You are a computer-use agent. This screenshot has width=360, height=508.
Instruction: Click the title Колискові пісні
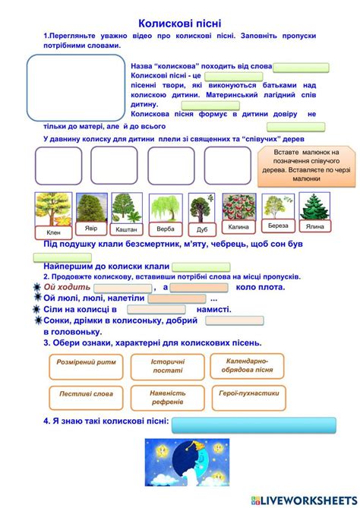click(x=180, y=24)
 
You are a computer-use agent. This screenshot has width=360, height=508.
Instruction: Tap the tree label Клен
click(x=52, y=232)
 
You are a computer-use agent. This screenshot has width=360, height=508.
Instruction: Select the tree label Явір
click(x=90, y=228)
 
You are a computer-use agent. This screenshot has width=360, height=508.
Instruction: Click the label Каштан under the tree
click(x=126, y=229)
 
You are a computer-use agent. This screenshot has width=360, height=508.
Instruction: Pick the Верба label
click(x=164, y=229)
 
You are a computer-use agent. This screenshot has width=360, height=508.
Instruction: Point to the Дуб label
click(x=201, y=229)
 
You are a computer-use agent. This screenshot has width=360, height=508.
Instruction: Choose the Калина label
click(x=238, y=227)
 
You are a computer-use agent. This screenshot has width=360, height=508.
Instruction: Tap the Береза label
click(x=278, y=226)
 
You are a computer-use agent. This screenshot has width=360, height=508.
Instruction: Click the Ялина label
click(x=314, y=226)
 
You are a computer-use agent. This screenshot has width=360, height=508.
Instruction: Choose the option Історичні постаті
click(x=167, y=367)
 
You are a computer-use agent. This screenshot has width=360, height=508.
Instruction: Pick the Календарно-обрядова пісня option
click(x=247, y=366)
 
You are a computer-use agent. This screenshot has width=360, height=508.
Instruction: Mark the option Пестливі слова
click(x=86, y=394)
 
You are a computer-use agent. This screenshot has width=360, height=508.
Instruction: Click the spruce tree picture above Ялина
click(x=313, y=206)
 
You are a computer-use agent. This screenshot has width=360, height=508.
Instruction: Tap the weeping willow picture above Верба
click(x=164, y=207)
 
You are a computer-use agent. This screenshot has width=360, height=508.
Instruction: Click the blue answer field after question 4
click(x=239, y=424)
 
